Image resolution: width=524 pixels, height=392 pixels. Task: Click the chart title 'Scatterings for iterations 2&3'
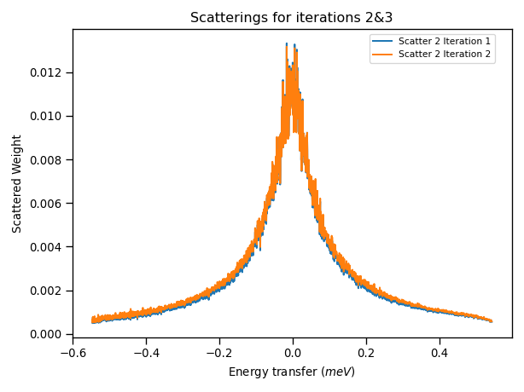pyautogui.click(x=291, y=18)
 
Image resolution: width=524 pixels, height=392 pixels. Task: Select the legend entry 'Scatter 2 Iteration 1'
pyautogui.click(x=444, y=42)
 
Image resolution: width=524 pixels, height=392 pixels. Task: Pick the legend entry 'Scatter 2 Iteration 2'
pyautogui.click(x=444, y=54)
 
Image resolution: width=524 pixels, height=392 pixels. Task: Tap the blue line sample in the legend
pyautogui.click(x=382, y=42)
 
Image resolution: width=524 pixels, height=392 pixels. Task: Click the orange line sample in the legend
pyautogui.click(x=382, y=54)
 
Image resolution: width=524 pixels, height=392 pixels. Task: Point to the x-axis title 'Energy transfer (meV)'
pyautogui.click(x=291, y=372)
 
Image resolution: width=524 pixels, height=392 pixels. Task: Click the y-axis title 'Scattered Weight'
pyautogui.click(x=18, y=183)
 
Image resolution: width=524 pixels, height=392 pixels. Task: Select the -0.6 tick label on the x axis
pyautogui.click(x=73, y=352)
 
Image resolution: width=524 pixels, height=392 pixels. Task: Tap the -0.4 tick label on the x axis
pyautogui.click(x=146, y=352)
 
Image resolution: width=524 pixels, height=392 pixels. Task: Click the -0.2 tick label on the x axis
pyautogui.click(x=219, y=352)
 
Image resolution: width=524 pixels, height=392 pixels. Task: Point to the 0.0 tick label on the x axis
pyautogui.click(x=293, y=352)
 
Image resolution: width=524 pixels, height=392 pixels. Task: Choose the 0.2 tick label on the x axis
pyautogui.click(x=366, y=352)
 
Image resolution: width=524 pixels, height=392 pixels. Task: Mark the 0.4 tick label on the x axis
pyautogui.click(x=440, y=352)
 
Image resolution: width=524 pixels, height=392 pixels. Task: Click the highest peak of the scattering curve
pyautogui.click(x=287, y=44)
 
